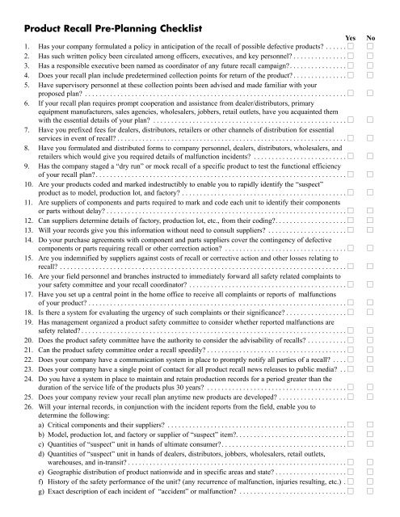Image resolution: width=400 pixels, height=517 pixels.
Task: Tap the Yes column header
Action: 351,38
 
